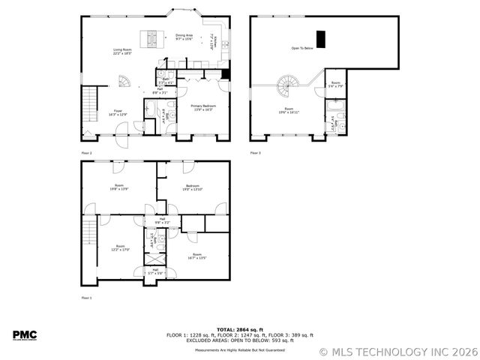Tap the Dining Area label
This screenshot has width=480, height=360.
(184, 37)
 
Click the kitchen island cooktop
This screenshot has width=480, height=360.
(152, 36)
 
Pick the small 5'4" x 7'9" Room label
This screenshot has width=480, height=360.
(335, 85)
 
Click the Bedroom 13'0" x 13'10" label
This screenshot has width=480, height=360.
(192, 188)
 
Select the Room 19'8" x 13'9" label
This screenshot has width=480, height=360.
(118, 187)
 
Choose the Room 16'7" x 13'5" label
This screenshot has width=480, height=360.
(196, 256)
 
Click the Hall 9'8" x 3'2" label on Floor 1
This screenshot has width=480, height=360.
(163, 220)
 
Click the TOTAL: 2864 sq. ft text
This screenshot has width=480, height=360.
(239, 329)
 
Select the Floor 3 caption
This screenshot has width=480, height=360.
(255, 153)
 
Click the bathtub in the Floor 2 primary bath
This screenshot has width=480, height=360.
(149, 112)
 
